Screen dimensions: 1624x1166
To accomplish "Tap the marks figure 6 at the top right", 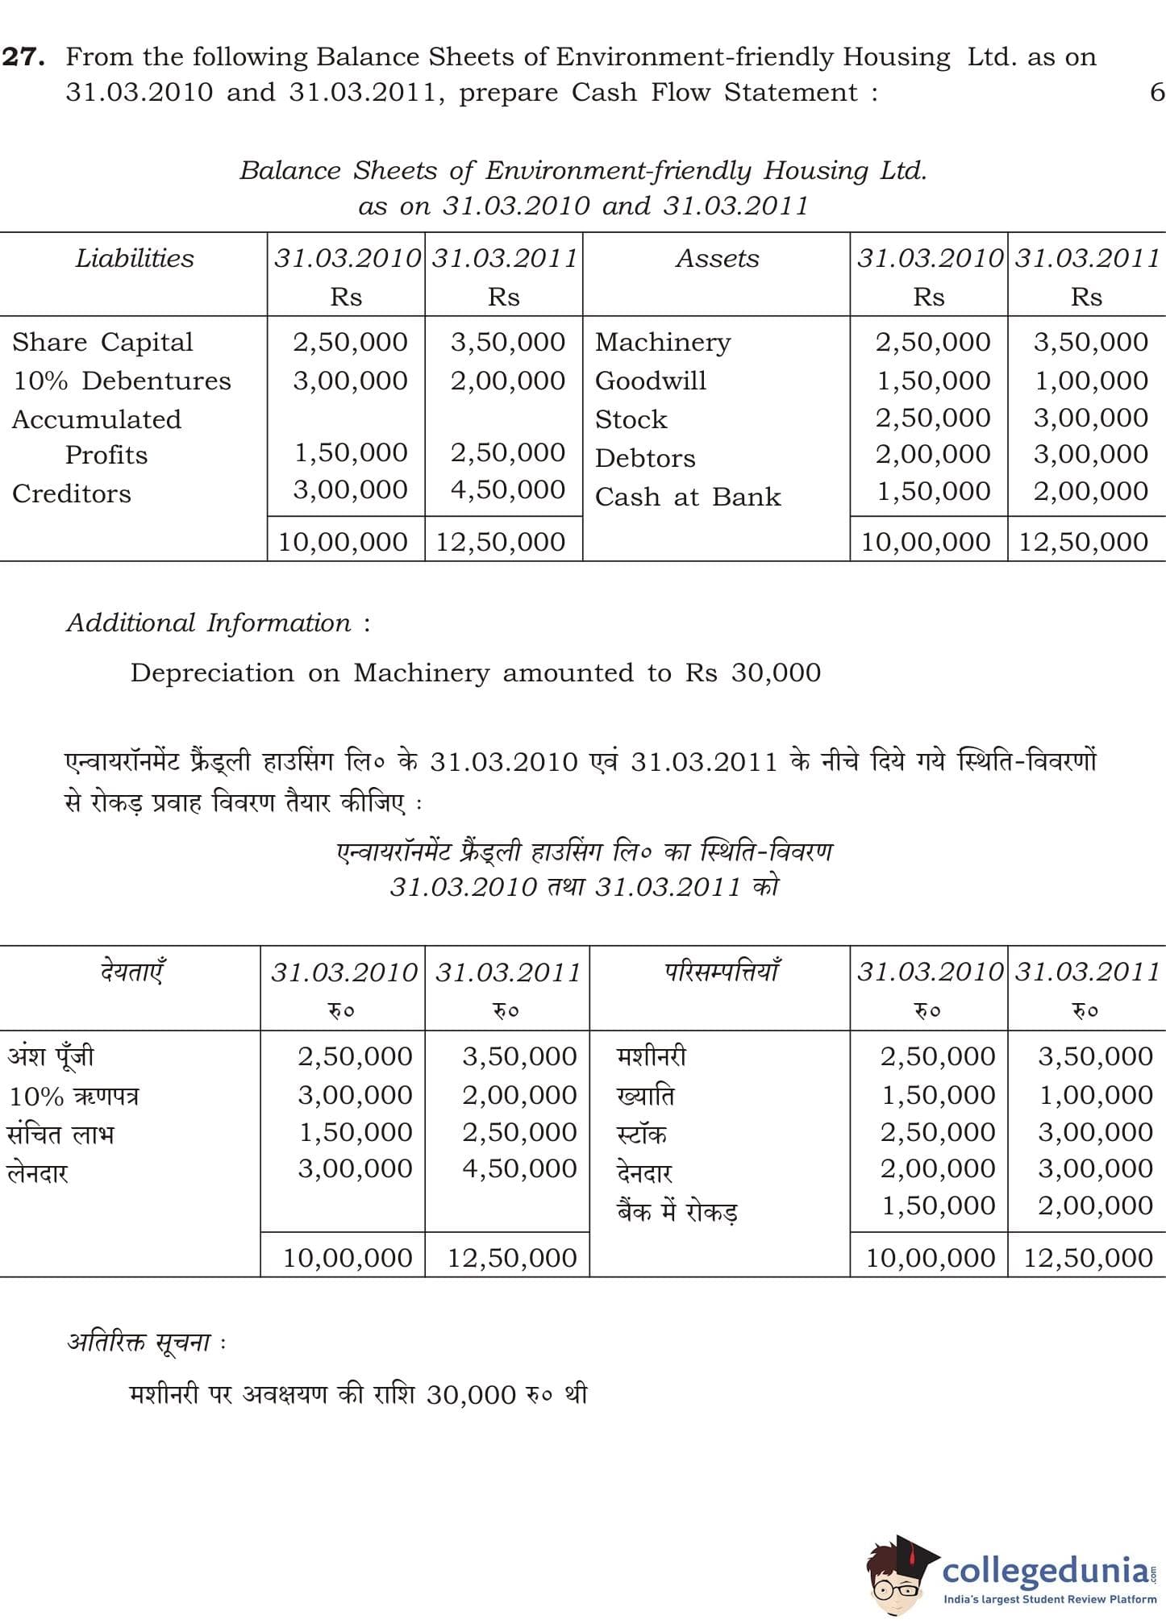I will click(x=1156, y=92).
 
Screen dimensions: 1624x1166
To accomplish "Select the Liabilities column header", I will click(x=135, y=258).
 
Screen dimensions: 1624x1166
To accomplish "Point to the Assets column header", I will click(x=717, y=258).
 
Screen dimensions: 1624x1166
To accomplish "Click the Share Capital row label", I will click(x=102, y=342).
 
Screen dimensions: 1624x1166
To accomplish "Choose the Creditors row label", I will click(x=71, y=493).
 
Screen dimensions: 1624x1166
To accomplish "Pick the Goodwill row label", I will click(x=650, y=381).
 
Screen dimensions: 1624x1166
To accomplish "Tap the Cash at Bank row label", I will click(x=688, y=497).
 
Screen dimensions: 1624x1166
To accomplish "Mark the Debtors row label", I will click(x=645, y=458).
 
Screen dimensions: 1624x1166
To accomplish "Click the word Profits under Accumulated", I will click(x=106, y=455).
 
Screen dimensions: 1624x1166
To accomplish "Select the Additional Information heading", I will click(x=218, y=623).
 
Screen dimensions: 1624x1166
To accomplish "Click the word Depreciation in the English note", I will click(x=212, y=673).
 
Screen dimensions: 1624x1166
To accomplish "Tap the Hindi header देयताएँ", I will click(x=133, y=971).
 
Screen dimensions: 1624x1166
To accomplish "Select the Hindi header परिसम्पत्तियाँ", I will click(x=721, y=971).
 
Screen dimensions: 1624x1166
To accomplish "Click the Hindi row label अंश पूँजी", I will click(x=51, y=1056).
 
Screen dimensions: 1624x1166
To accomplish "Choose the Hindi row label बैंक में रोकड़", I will click(x=677, y=1211).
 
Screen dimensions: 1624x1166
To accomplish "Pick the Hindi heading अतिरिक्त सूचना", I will click(x=139, y=1342).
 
